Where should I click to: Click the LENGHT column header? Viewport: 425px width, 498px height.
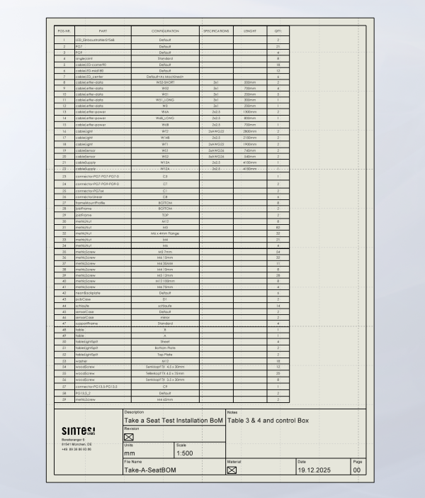point(249,31)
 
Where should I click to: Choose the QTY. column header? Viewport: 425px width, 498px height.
point(278,31)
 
